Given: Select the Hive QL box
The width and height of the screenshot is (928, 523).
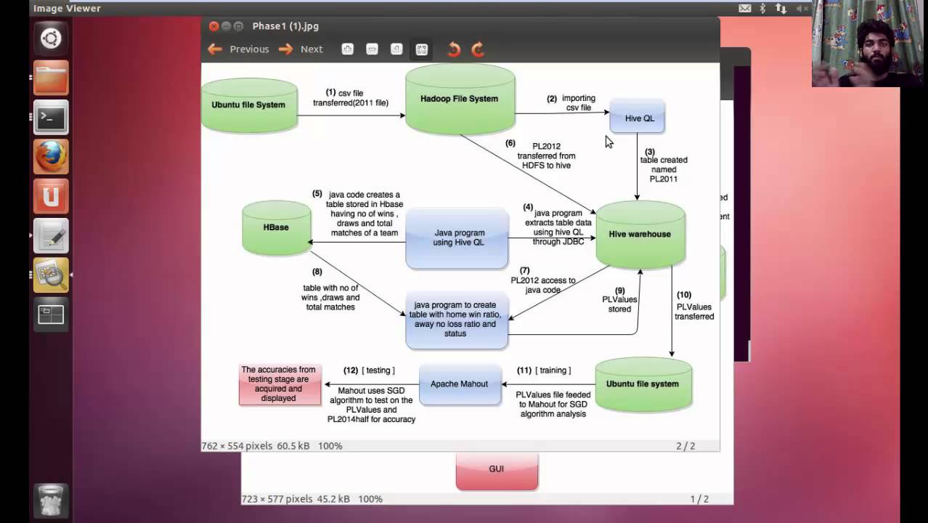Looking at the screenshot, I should [638, 118].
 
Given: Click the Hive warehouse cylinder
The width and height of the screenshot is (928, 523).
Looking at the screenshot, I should [640, 234].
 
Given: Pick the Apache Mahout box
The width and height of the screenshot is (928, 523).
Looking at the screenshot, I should [460, 384].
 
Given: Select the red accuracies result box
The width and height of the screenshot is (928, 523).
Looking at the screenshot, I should [280, 384].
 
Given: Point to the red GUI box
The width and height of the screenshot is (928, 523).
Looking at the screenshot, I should [497, 469].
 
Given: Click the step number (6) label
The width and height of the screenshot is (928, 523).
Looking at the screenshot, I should [510, 143].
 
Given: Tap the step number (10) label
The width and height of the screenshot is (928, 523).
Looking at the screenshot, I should [684, 295].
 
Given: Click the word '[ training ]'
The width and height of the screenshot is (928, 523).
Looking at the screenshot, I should [553, 370].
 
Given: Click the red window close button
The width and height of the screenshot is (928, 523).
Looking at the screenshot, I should [213, 26].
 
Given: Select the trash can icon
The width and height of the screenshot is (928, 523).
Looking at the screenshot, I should [51, 500].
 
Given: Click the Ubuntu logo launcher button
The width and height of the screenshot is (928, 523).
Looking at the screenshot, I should [51, 38].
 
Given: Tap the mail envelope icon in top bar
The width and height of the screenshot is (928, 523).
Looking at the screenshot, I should [745, 8].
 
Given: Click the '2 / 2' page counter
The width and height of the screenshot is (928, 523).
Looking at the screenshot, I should [685, 446].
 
